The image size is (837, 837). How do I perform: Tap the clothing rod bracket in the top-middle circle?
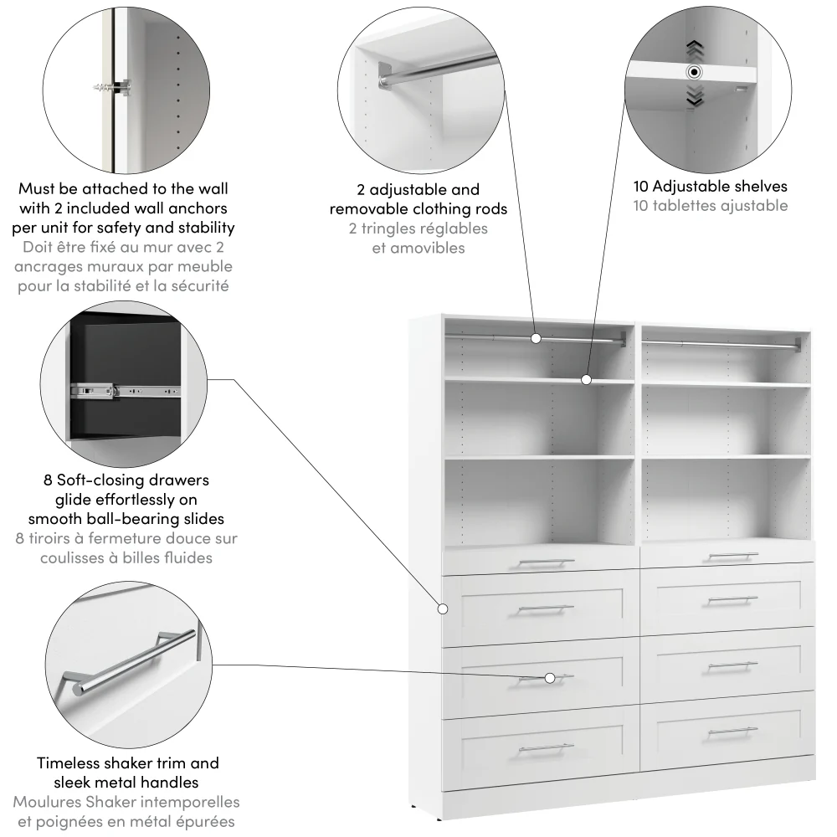coord(386,75)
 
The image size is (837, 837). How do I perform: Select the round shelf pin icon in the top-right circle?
coord(694,72)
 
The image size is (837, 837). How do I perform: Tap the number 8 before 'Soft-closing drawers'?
coord(48,480)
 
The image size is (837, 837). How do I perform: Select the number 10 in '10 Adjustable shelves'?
coord(642,186)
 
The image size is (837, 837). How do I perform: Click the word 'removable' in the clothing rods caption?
coord(368,209)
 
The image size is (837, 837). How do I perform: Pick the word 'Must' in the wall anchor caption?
coord(37,189)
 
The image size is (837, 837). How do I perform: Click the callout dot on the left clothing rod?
coord(536,338)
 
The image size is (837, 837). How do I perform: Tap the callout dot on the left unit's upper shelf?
coord(587,380)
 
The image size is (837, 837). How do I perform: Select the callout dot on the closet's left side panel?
coord(443,608)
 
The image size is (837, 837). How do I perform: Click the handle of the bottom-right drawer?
coord(732,732)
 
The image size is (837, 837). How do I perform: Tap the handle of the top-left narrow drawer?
coord(546,562)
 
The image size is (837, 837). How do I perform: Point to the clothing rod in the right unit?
coord(720,343)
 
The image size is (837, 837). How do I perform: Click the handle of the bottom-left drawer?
coord(546,746)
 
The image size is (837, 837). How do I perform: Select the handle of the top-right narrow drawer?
coord(732,555)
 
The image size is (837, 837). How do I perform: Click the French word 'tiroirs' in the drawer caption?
coord(51,538)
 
